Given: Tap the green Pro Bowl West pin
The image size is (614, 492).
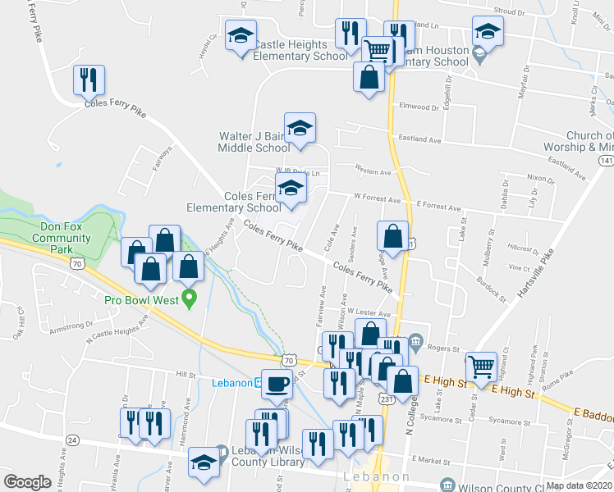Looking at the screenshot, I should point(190,298).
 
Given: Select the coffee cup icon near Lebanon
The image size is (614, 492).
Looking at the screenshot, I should point(277,383).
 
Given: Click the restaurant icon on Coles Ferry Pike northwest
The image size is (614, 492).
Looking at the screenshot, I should point(89,80).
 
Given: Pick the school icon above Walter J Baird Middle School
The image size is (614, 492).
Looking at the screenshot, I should point(300,128).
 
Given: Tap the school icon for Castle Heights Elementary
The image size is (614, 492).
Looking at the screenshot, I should point(241,36).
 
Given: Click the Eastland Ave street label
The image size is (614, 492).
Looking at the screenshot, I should point(419,140).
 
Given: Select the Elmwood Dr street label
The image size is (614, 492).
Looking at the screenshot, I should point(419,107).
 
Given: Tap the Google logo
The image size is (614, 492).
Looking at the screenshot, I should point(27,482).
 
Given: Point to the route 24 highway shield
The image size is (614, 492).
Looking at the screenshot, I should point(72,440).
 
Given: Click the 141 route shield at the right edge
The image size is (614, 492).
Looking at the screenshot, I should point(606,161).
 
